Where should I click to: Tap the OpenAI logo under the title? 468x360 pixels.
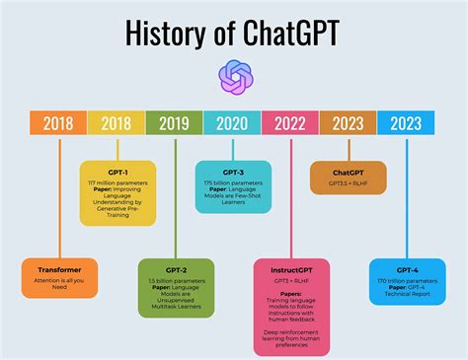[x=234, y=77]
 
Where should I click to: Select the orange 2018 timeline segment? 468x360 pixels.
[x=58, y=122]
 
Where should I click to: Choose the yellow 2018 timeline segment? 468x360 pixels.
[x=117, y=122]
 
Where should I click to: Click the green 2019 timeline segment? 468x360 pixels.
[x=175, y=122]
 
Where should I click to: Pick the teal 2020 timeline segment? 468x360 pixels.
[x=233, y=122]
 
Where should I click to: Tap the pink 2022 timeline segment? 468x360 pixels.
[x=291, y=122]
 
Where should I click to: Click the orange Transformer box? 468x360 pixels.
[x=60, y=277]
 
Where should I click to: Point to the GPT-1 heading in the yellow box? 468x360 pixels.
[x=117, y=171]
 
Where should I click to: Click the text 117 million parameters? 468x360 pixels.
[x=117, y=181]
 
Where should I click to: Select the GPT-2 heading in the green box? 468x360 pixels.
[x=176, y=268]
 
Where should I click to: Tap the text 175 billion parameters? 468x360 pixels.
[x=234, y=181]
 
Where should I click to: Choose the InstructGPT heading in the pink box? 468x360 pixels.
[x=291, y=268]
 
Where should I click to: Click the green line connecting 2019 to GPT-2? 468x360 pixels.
[x=175, y=197]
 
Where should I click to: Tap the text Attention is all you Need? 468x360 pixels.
[x=60, y=284]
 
